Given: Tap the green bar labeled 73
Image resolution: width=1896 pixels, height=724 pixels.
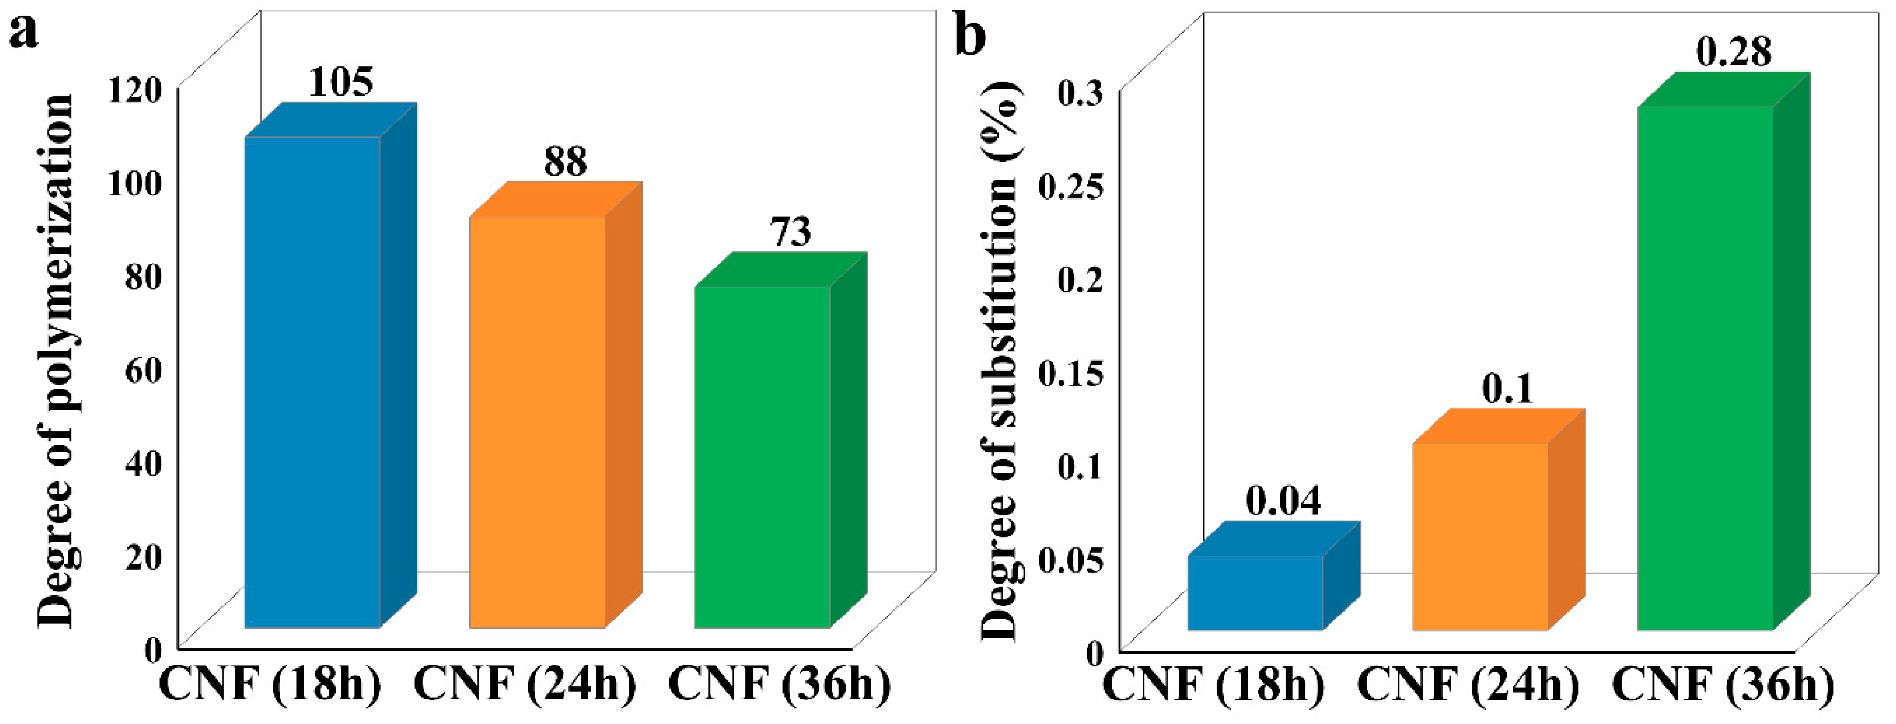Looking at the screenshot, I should pyautogui.click(x=763, y=456).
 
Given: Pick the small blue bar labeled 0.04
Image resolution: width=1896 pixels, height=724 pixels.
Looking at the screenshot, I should pyautogui.click(x=1256, y=593).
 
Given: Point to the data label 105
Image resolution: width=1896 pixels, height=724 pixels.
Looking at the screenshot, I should pyautogui.click(x=341, y=82).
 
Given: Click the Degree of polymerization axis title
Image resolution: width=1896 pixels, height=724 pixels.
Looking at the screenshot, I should pyautogui.click(x=56, y=361).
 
